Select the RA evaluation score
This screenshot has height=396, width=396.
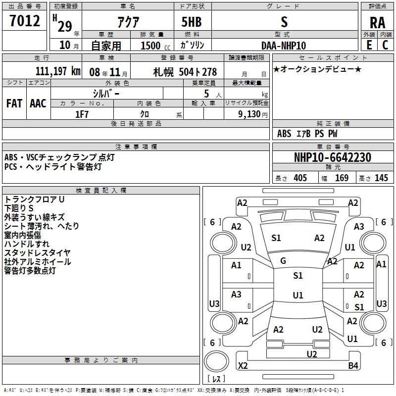click(x=377, y=22)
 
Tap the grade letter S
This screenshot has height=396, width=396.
click(x=284, y=22)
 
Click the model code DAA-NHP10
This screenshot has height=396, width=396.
click(x=284, y=46)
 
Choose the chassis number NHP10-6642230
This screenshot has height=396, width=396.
click(x=332, y=157)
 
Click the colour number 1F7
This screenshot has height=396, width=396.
click(x=82, y=114)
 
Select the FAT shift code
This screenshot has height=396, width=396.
click(x=14, y=103)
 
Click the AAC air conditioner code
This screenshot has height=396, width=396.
click(x=38, y=103)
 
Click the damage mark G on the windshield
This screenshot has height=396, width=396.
click(x=283, y=261)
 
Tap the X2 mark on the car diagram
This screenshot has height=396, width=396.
click(x=243, y=366)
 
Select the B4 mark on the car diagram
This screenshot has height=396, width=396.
click(x=353, y=366)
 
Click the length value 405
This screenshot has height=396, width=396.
click(x=300, y=178)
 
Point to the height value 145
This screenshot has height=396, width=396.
click(x=381, y=178)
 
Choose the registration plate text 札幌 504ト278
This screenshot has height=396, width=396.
click(x=185, y=72)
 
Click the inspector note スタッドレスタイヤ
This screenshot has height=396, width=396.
click(x=37, y=253)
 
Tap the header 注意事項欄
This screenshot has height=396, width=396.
click(x=136, y=147)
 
